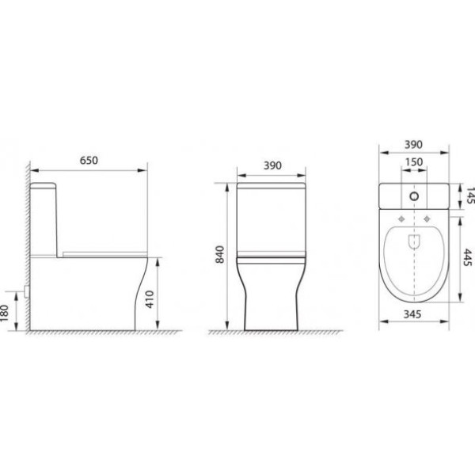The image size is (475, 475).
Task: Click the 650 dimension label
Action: click(89, 160)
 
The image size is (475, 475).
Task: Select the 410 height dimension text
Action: click(150, 299)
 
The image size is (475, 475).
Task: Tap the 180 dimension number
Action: click(4, 313)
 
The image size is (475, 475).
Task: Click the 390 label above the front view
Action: click(272, 165)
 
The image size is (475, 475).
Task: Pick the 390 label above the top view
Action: click(413, 145)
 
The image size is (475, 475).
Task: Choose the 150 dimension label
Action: click(414, 162)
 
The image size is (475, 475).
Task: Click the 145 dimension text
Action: click(470, 196)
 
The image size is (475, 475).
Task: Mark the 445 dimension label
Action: click(468, 257)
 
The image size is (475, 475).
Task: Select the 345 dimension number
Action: click(412, 314)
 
